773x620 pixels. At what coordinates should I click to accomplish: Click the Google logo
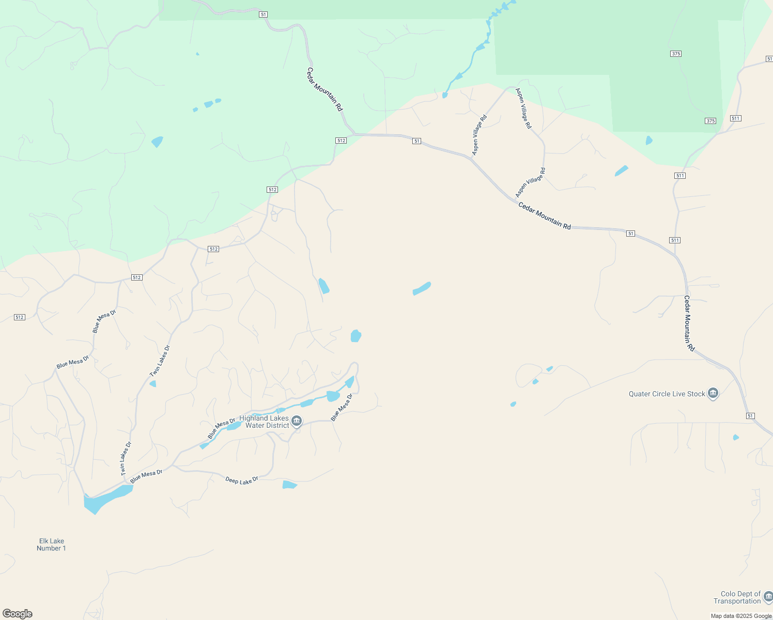[18, 614]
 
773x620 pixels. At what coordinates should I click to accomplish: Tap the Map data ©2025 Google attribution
[741, 616]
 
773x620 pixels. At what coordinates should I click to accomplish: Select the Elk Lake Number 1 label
[51, 545]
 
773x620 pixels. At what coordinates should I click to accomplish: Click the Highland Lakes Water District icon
[297, 421]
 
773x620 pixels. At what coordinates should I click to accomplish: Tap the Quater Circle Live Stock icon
[713, 394]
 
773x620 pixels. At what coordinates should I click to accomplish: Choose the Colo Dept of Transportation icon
[768, 596]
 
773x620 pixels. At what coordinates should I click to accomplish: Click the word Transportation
[737, 601]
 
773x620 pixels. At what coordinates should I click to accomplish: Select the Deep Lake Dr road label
[242, 480]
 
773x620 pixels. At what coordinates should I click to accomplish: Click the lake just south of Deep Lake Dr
[289, 485]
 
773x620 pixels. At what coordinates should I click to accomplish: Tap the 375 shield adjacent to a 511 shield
[710, 121]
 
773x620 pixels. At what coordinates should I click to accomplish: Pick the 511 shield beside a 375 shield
[736, 118]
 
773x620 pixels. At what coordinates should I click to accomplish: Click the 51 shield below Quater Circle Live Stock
[750, 416]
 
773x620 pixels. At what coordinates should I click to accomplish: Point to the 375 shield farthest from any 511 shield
[676, 54]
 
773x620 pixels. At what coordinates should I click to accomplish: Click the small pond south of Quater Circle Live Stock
[736, 438]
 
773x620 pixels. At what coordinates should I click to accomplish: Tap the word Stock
[696, 394]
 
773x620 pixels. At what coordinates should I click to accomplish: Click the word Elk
[44, 541]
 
